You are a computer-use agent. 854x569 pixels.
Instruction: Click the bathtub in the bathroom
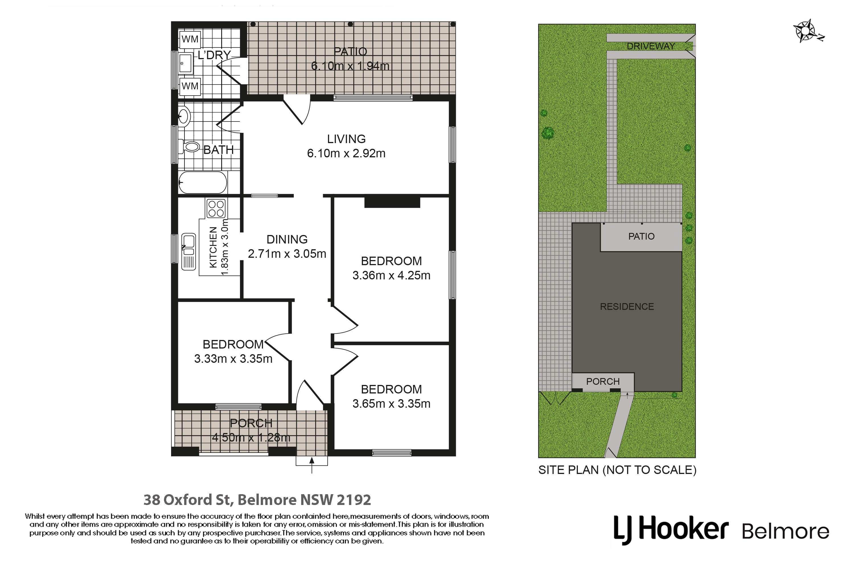(203, 182)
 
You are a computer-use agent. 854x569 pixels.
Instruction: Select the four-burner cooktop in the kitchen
(216, 208)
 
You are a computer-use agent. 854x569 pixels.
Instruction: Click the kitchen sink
(188, 251)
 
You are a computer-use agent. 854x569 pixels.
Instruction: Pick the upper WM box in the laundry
(190, 39)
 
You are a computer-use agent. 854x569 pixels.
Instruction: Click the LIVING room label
(346, 139)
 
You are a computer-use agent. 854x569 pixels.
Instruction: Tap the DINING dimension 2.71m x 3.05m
(287, 254)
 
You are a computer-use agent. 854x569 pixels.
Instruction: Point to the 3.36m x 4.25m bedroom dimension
(391, 275)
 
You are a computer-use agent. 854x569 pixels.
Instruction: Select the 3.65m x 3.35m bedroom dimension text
(391, 403)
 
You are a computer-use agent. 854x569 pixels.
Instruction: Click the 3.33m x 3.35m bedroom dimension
(233, 358)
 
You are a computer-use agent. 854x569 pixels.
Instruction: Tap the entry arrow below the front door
(311, 465)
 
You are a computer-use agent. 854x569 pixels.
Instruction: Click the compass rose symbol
(806, 31)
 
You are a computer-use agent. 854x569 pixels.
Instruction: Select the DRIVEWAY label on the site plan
(651, 46)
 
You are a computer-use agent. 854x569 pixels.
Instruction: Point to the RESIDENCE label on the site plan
(627, 307)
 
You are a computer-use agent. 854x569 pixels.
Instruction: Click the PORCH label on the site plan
(603, 382)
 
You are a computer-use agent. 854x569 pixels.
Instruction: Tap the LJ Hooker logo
(670, 529)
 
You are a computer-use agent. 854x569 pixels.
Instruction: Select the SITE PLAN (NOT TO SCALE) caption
(617, 470)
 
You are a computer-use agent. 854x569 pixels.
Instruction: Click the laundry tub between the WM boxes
(186, 63)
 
